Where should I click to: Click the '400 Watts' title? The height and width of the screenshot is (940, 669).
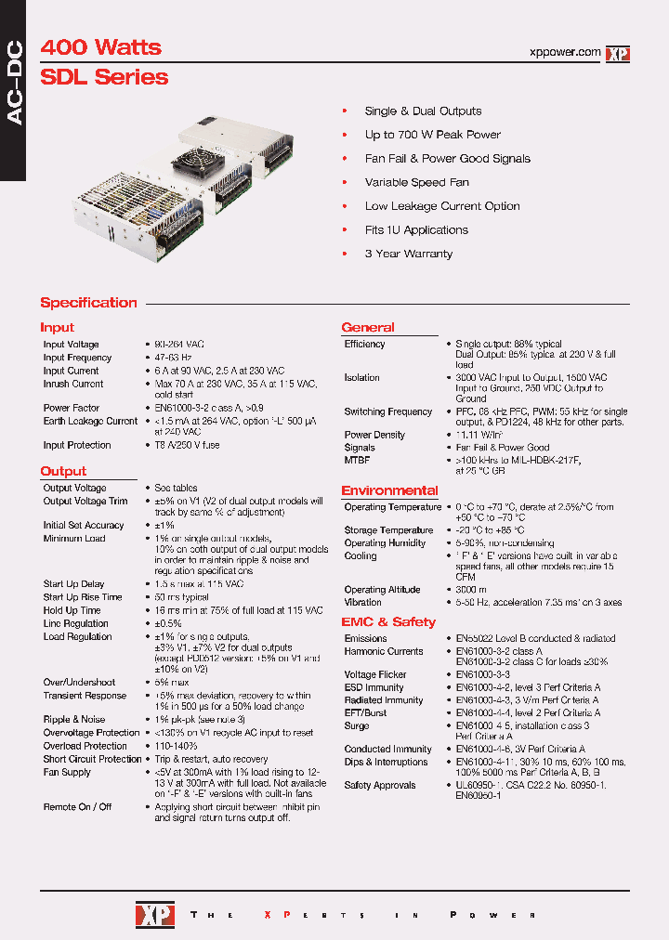pyautogui.click(x=100, y=47)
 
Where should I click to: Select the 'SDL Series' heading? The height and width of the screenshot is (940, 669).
pyautogui.click(x=104, y=77)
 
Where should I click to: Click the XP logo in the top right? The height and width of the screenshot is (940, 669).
pyautogui.click(x=618, y=54)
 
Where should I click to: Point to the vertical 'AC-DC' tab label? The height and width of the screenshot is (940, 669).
pyautogui.click(x=13, y=88)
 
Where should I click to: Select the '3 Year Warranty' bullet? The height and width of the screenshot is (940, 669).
pyautogui.click(x=408, y=254)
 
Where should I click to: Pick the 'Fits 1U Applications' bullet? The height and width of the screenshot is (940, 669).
pyautogui.click(x=416, y=230)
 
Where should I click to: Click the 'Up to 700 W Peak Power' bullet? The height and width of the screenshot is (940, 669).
pyautogui.click(x=432, y=135)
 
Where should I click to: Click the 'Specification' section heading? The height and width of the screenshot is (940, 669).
pyautogui.click(x=88, y=303)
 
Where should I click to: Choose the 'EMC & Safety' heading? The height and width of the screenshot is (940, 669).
pyautogui.click(x=387, y=622)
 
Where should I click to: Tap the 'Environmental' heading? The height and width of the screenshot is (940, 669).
pyautogui.click(x=389, y=490)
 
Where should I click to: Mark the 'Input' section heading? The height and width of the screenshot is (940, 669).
pyautogui.click(x=57, y=328)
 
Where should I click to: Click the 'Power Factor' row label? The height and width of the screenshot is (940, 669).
pyautogui.click(x=72, y=408)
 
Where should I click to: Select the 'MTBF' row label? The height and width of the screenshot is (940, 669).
pyautogui.click(x=358, y=460)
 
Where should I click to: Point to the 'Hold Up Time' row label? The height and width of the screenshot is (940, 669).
pyautogui.click(x=72, y=610)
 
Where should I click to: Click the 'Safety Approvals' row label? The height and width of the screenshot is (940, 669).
pyautogui.click(x=380, y=785)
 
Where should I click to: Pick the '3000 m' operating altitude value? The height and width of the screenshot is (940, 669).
pyautogui.click(x=471, y=590)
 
